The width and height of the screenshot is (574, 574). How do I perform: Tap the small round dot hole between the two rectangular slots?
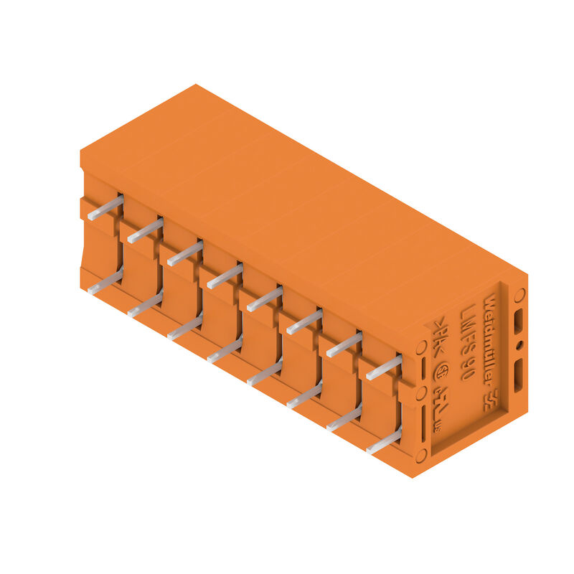pos(519,345)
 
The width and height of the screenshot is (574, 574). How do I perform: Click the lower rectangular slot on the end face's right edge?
pos(518,375)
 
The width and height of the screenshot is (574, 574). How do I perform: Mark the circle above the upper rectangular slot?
pos(520,293)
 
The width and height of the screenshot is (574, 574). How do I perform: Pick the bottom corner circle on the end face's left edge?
pos(421,453)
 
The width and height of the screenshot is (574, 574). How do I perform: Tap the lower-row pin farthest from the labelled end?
pos(105,282)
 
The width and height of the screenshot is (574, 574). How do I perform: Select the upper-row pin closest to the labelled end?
pos(385,367)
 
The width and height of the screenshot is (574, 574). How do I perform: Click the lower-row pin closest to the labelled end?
pos(384,441)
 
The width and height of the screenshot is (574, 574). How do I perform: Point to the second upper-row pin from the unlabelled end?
pos(146,230)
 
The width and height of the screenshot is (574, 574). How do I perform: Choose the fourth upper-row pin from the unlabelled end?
pos(225,276)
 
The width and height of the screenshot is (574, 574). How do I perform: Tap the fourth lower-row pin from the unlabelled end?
pos(225,350)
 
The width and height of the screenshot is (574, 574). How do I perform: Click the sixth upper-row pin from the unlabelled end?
pos(305,321)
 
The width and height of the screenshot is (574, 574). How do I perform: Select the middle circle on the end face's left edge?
pos(421,392)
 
